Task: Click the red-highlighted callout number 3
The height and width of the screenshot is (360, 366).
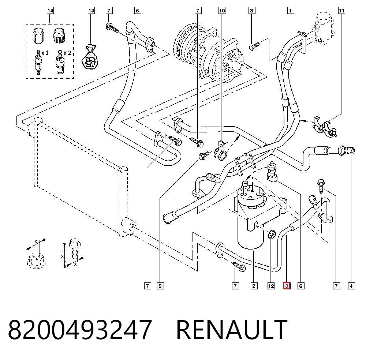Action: [x=287, y=286]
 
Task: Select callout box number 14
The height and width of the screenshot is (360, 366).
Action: [x=50, y=11]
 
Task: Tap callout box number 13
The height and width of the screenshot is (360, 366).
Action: [x=91, y=11]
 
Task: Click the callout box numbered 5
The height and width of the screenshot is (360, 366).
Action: [x=138, y=11]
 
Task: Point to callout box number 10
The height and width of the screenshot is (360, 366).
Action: [x=222, y=11]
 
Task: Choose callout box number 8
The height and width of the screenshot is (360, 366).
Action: [x=252, y=11]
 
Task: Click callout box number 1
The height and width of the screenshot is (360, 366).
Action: [x=290, y=11]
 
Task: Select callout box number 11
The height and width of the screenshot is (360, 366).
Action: [x=341, y=11]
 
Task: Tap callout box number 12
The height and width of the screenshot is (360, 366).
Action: [x=271, y=286]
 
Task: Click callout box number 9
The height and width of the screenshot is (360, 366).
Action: [x=160, y=286]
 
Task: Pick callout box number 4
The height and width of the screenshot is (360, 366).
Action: [x=351, y=286]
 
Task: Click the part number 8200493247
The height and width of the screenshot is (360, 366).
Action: [x=80, y=330]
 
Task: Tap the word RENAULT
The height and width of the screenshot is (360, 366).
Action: [x=232, y=330]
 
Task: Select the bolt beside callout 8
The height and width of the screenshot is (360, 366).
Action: [x=255, y=46]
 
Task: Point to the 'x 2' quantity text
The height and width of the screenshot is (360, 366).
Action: [x=67, y=53]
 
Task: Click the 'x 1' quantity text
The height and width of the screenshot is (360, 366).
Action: [x=45, y=53]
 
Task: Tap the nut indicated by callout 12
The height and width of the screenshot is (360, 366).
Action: [x=271, y=234]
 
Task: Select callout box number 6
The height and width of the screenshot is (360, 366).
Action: [x=300, y=286]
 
